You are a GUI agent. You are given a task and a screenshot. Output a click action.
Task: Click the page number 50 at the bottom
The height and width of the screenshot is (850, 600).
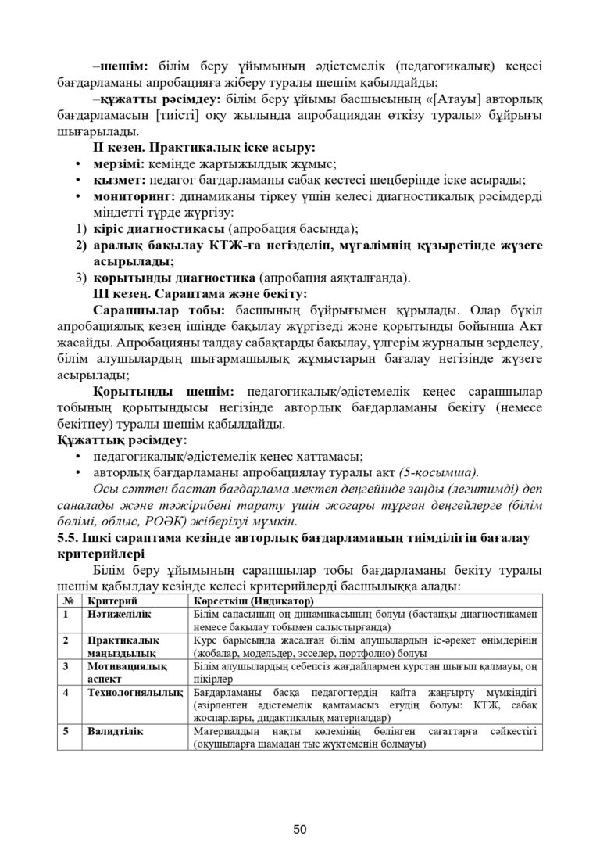tap(300, 807)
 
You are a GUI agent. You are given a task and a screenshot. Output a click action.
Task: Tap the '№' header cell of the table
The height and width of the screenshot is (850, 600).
tap(68, 601)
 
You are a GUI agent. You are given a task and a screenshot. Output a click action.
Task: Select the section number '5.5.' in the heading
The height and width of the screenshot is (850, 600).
tap(71, 538)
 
